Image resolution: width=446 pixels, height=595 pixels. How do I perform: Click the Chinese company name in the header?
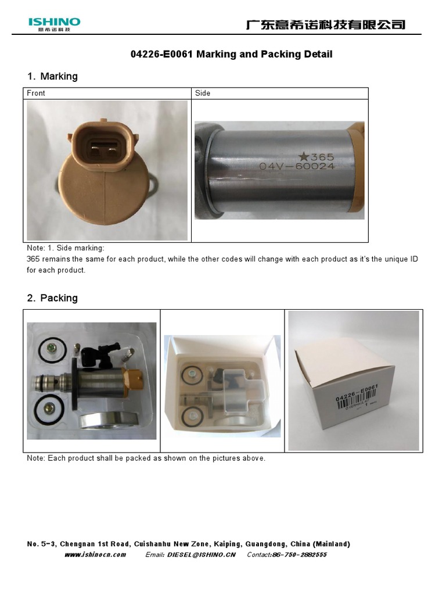tap(325, 24)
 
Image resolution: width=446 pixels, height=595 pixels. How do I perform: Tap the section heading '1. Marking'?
tap(52, 76)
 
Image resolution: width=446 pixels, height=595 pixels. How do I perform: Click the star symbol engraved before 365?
tap(303, 156)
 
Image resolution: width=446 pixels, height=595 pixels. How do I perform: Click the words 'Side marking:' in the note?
tap(84, 248)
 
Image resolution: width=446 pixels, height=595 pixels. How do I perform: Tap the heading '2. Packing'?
tap(52, 298)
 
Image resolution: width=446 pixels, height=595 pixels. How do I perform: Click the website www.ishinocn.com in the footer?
tap(95, 555)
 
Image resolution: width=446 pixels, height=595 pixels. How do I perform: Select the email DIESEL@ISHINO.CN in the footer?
tap(201, 555)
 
